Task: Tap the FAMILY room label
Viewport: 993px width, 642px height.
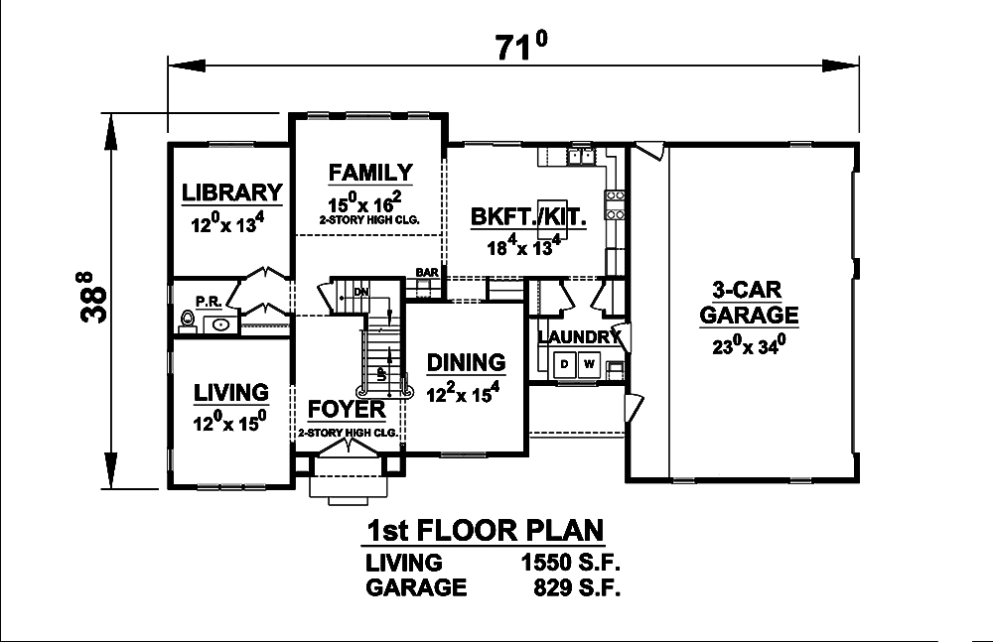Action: click(370, 172)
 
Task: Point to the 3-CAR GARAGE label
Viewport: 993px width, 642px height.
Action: click(749, 303)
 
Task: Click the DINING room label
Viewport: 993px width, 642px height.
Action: click(466, 363)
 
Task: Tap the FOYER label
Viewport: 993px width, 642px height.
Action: click(347, 410)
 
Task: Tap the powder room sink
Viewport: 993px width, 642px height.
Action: click(219, 322)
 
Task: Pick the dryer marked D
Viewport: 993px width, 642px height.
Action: click(564, 364)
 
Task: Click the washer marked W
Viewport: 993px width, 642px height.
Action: click(589, 364)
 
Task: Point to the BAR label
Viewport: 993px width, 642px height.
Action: click(427, 272)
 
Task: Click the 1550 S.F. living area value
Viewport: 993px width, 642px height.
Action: click(571, 563)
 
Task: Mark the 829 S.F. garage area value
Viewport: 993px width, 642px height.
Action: click(576, 587)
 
